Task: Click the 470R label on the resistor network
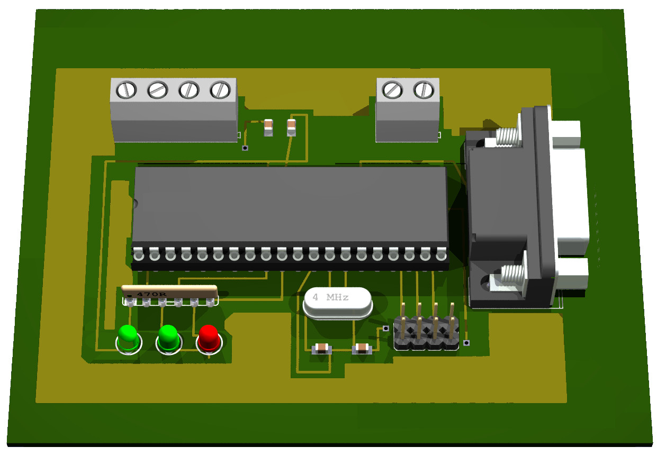click(x=151, y=294)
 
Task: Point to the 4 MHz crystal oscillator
click(x=338, y=303)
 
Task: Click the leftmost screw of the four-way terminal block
click(x=127, y=90)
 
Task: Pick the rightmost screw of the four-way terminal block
click(x=220, y=90)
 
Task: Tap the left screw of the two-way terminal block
click(x=392, y=90)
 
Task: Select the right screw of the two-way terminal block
click(x=424, y=90)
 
